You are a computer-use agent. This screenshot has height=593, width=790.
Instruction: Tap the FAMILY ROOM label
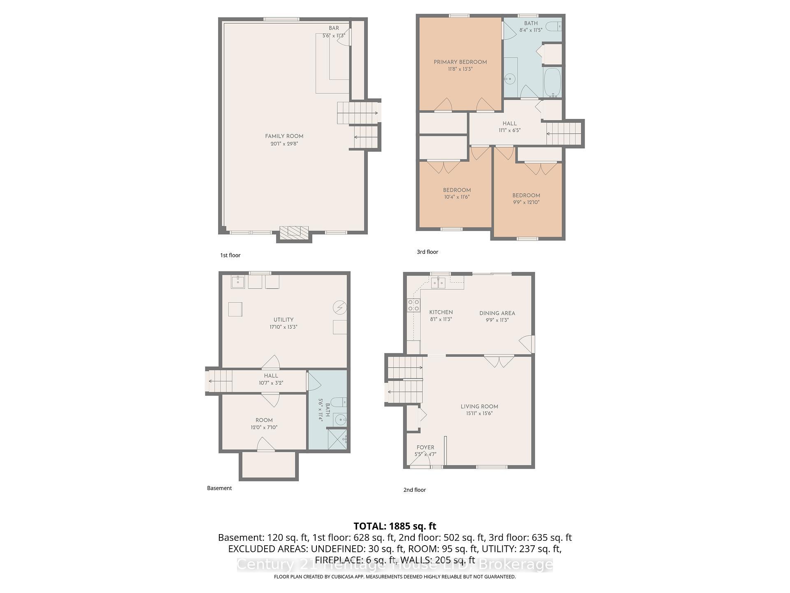[284, 136]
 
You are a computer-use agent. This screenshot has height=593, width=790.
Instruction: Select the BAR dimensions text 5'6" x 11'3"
[333, 35]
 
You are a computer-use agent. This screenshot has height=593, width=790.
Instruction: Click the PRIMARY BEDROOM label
[460, 62]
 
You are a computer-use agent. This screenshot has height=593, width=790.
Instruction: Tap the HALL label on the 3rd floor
[509, 124]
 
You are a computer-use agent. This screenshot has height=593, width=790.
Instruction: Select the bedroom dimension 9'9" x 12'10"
[526, 202]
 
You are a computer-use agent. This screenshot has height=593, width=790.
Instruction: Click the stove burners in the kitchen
[413, 305]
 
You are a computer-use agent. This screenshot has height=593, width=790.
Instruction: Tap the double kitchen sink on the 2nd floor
[438, 283]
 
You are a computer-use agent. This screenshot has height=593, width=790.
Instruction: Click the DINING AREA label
[497, 313]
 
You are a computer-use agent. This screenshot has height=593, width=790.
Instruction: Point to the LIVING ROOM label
[479, 406]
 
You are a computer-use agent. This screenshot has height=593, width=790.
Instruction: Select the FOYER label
[425, 447]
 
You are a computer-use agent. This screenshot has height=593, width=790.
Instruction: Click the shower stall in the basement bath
[337, 439]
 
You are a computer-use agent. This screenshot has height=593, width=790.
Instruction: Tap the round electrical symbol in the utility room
[340, 307]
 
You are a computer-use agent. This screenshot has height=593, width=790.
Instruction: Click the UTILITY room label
[283, 320]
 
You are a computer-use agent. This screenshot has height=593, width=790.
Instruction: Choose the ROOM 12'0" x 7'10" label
[264, 420]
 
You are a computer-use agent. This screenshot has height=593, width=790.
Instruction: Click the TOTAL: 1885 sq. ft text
[395, 526]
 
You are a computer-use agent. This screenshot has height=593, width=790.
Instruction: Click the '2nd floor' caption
[414, 490]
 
